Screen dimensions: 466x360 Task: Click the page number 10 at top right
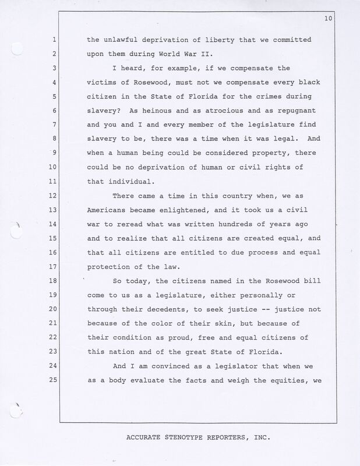coord(328,19)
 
